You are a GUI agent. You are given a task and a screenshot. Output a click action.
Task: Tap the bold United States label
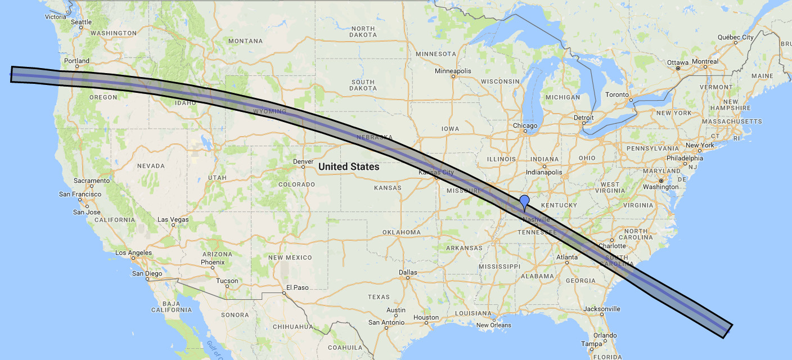point(348,167)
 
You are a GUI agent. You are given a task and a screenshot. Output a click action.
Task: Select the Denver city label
point(303,161)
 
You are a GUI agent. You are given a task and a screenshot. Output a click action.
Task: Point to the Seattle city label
point(81,22)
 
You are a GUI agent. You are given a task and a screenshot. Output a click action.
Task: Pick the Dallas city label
point(408,272)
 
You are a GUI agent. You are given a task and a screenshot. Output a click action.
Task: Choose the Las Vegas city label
point(173,219)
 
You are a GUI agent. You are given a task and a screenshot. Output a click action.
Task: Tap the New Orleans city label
point(493,325)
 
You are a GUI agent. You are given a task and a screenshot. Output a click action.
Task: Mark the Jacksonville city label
point(601,309)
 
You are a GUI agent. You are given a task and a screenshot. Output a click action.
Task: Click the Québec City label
point(735,37)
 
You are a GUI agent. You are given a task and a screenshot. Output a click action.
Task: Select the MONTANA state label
point(246,41)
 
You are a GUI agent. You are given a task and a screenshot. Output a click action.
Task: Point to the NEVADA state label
point(151,166)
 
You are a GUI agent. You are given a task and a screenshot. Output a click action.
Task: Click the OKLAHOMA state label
point(402,232)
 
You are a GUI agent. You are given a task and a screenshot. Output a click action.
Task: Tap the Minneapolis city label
point(453,71)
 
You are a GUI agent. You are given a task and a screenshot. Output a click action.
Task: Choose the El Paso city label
point(297,287)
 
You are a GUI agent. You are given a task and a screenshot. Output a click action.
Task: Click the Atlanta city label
point(566,257)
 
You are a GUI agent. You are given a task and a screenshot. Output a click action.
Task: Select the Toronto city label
point(618,94)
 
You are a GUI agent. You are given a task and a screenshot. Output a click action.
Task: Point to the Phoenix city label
point(213,262)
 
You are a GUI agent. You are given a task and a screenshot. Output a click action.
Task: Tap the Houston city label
point(425,317)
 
